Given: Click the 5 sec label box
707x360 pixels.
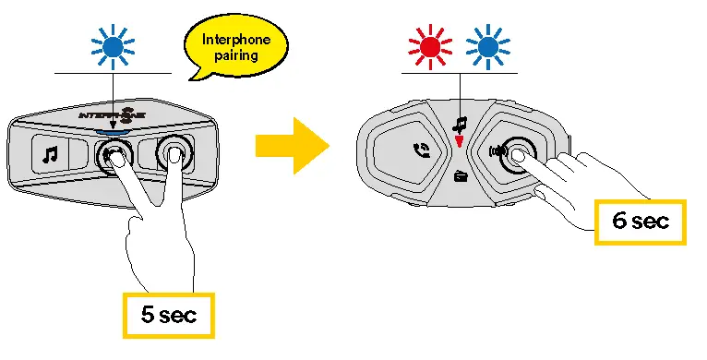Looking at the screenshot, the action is point(168,314).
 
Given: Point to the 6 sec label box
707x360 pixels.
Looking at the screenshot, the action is point(640,222).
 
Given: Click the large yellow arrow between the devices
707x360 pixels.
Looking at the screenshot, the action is point(293,144).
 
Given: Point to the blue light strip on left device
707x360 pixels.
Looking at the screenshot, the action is point(113,131).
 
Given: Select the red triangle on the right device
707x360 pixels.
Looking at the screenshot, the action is point(459,141).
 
